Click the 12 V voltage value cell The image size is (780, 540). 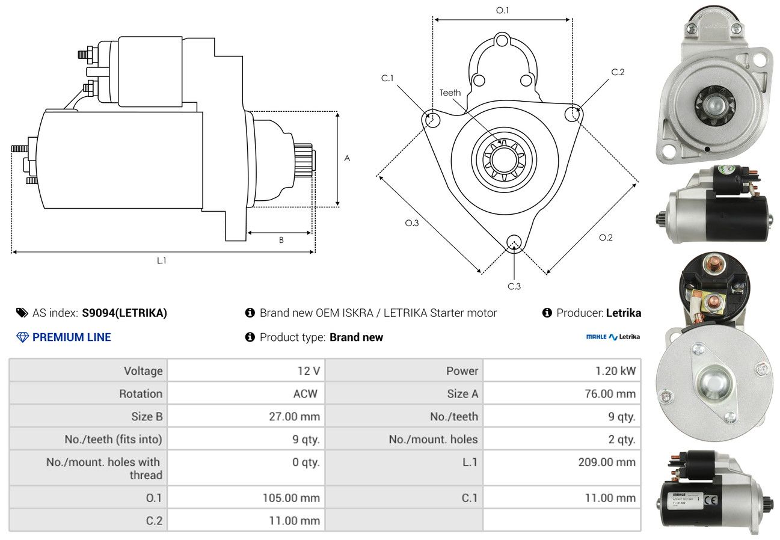tap(307, 371)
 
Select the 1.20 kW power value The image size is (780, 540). tap(615, 371)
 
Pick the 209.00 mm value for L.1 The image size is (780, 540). tap(607, 462)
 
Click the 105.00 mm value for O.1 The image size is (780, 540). tap(291, 498)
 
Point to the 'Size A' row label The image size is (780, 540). tap(462, 394)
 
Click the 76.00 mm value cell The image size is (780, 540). tap(610, 394)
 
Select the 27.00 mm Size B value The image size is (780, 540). tap(294, 416)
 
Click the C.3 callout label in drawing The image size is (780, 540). tap(514, 286)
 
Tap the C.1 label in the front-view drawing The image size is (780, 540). tap(387, 78)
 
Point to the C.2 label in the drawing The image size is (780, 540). tap(618, 72)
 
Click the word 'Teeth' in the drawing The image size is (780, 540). tap(450, 93)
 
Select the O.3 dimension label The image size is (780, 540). tap(411, 223)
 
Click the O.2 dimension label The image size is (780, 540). tap(606, 238)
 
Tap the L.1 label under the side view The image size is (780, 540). tap(161, 260)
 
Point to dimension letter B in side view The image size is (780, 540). tap(281, 241)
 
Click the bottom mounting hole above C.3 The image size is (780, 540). tap(514, 242)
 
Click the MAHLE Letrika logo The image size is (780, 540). tap(613, 337)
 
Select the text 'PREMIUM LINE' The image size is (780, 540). tap(72, 337)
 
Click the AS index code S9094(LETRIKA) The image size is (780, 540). tap(124, 313)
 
